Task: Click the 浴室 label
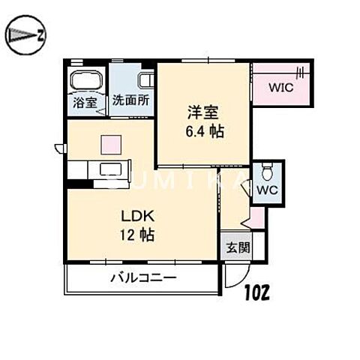[x=85, y=103]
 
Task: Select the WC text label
[x=268, y=190]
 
